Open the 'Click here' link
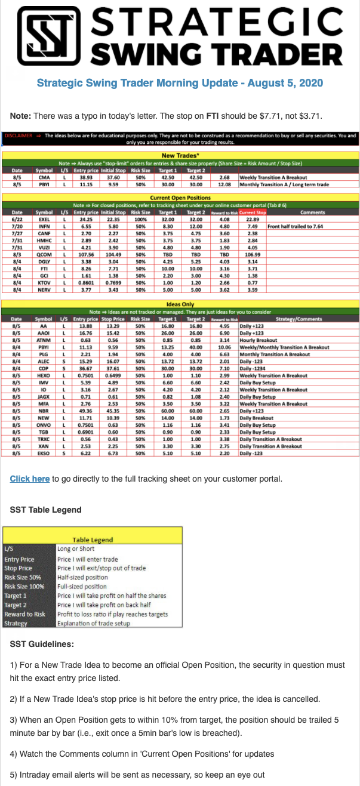point(30,479)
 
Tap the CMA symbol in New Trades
point(44,177)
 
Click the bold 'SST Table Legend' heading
point(45,510)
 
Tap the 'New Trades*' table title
point(180,155)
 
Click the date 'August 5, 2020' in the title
point(282,82)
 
